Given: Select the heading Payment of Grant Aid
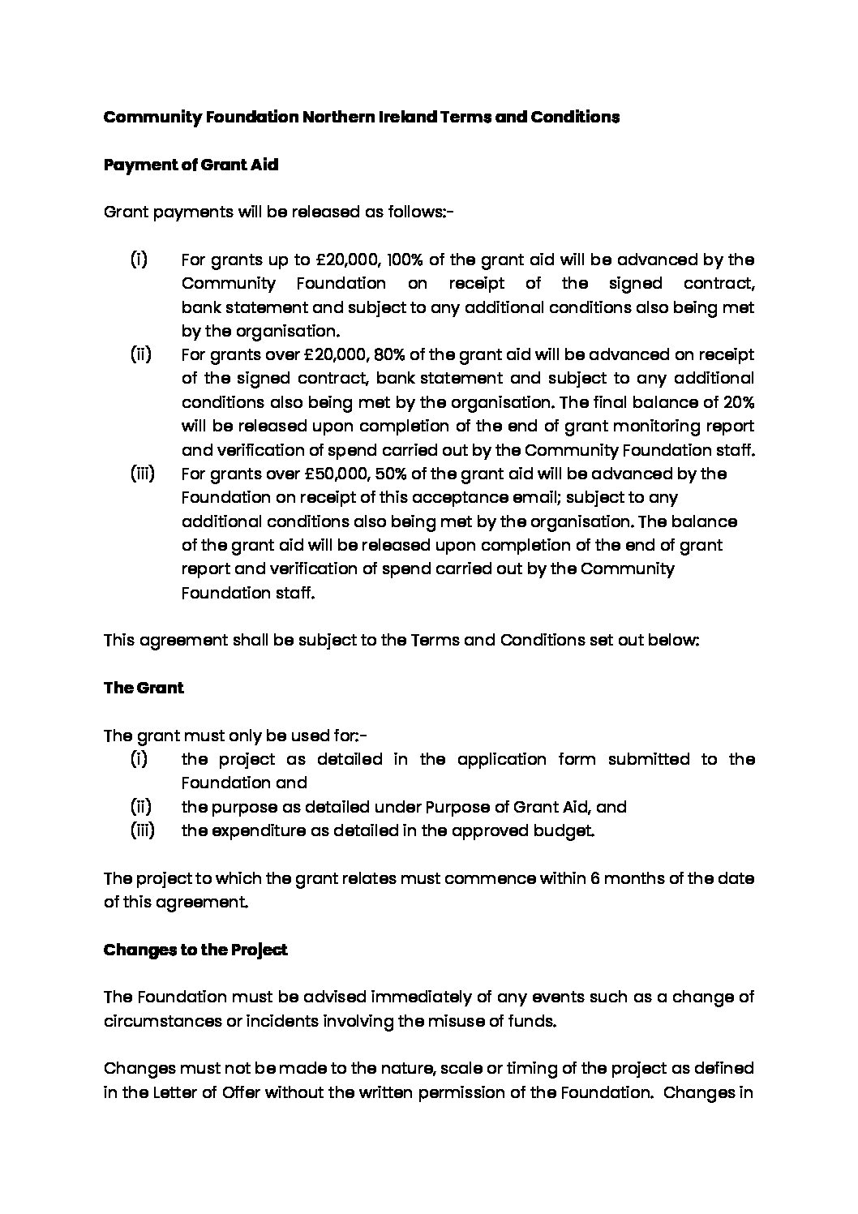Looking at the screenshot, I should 191,165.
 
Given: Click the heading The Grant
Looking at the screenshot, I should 144,688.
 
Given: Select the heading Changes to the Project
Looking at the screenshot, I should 195,950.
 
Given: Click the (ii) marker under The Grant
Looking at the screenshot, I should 141,807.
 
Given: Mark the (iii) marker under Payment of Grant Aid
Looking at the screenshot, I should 143,474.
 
